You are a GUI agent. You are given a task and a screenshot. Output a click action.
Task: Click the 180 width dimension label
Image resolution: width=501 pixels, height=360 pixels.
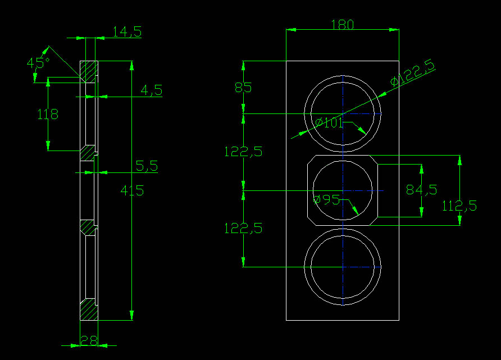pyautogui.click(x=343, y=25)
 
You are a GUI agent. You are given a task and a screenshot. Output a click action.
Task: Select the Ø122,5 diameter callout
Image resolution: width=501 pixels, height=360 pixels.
pyautogui.click(x=413, y=74)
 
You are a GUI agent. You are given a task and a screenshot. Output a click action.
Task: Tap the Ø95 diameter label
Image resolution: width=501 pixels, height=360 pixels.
pyautogui.click(x=326, y=199)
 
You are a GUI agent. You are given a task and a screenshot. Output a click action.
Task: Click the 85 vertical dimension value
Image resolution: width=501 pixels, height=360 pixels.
pyautogui.click(x=243, y=88)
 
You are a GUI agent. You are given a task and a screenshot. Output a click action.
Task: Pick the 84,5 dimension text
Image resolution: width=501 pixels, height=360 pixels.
pyautogui.click(x=421, y=190)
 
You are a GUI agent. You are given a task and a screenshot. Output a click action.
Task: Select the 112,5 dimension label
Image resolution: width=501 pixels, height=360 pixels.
pyautogui.click(x=459, y=206)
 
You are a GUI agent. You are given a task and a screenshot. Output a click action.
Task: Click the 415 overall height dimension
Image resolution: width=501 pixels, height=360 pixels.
pyautogui.click(x=132, y=190)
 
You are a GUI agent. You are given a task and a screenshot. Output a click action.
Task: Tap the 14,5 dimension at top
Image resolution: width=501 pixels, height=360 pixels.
pyautogui.click(x=127, y=32)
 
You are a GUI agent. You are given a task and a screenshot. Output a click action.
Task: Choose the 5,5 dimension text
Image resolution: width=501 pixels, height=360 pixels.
pyautogui.click(x=147, y=166)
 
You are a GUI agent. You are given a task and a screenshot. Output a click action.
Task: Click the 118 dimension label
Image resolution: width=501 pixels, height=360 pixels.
pyautogui.click(x=48, y=115)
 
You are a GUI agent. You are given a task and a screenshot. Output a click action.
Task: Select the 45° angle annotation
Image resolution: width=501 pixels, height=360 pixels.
pyautogui.click(x=38, y=62)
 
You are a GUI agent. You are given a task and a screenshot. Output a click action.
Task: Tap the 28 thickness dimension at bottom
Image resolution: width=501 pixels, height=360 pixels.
pyautogui.click(x=88, y=340)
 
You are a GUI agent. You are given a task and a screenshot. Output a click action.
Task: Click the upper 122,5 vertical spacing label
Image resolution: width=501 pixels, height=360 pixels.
pyautogui.click(x=243, y=151)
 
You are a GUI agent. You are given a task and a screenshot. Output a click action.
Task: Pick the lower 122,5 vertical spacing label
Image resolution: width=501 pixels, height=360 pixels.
pyautogui.click(x=243, y=228)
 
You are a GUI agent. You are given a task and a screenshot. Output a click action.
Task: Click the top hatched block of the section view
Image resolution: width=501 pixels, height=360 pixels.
pyautogui.click(x=88, y=71)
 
